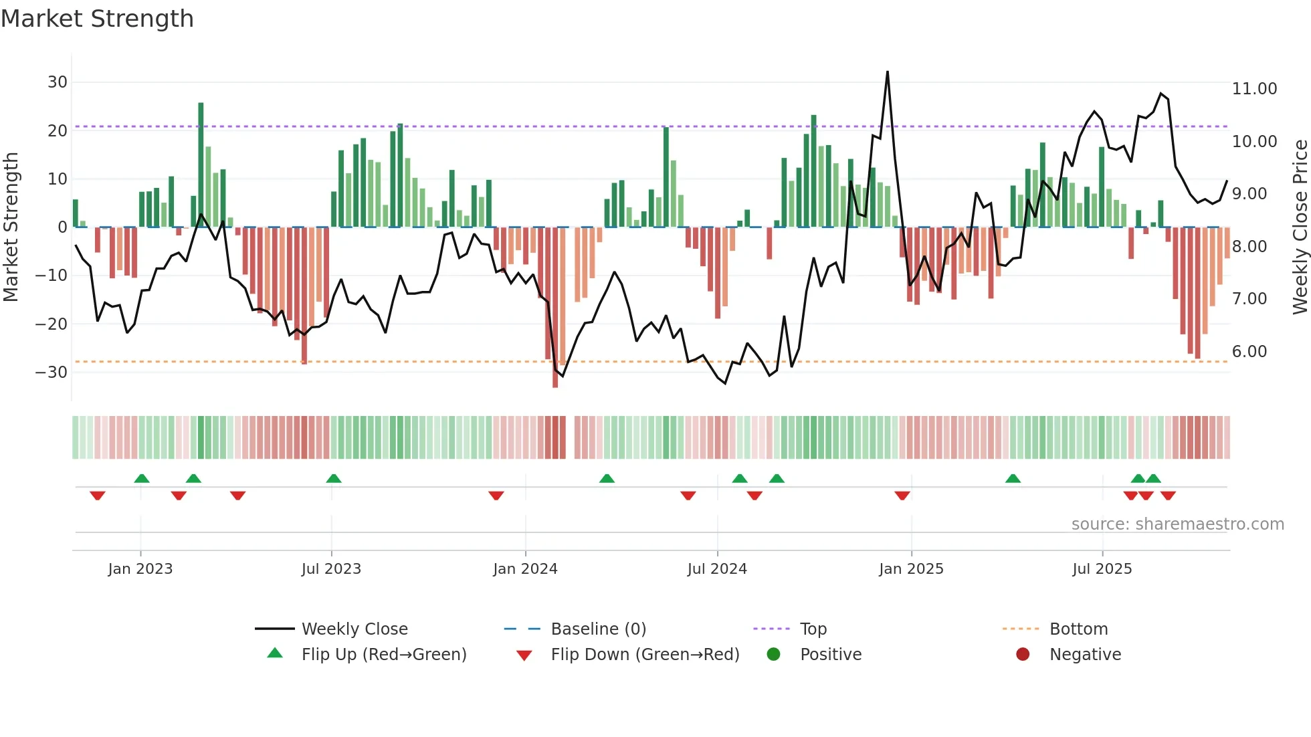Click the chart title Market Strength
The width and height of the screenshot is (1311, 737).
coord(97,19)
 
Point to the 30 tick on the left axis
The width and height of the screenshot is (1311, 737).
coord(58,82)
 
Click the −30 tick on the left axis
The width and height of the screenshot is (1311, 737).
coord(52,373)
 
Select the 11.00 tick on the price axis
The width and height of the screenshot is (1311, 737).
coord(1254,89)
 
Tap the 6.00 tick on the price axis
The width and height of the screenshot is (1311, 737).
coord(1249,352)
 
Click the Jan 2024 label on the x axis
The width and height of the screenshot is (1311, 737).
coord(525,569)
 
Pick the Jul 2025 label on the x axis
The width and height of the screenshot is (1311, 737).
coord(1102,569)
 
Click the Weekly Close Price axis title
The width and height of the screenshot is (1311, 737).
coord(1300,227)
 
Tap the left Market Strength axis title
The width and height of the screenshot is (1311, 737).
coord(11,227)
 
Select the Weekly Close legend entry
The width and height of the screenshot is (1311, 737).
coord(354,629)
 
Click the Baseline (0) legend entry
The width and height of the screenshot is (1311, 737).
coord(598,629)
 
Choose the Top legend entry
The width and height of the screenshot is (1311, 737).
coord(813,629)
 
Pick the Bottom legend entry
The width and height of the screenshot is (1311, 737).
coord(1078,629)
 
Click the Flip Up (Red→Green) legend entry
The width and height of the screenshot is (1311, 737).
coord(383,655)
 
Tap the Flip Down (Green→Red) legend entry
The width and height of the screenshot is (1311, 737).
coord(645,655)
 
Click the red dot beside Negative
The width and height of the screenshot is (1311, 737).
coord(1023,654)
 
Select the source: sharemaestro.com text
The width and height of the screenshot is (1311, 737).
coord(1177,524)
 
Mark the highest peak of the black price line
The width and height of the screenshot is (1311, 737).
coord(888,72)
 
